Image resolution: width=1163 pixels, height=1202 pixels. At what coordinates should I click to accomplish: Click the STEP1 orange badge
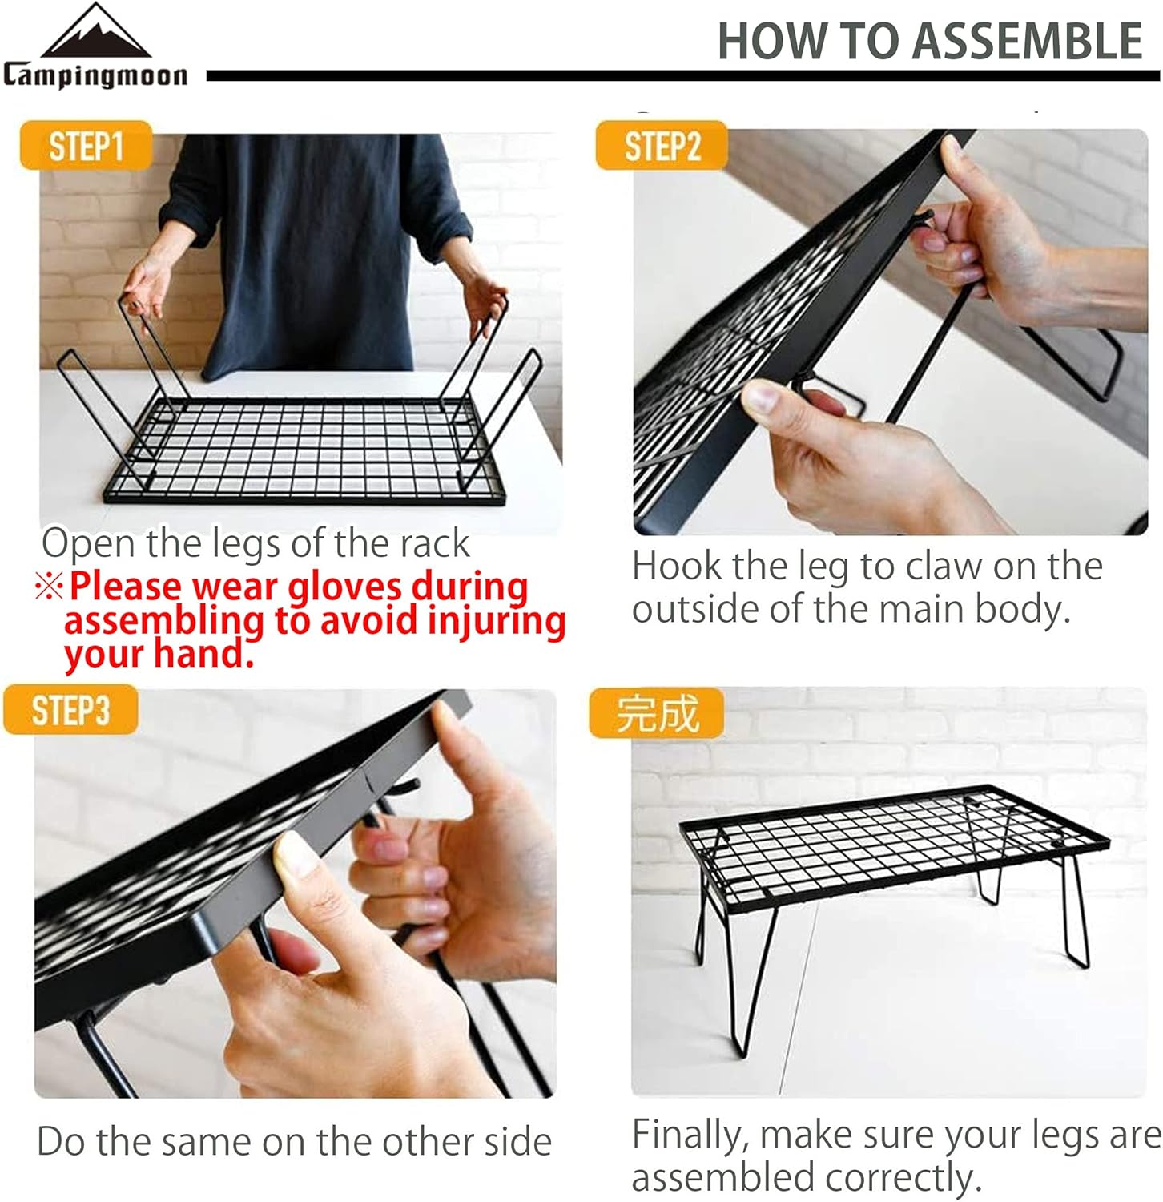coord(86,146)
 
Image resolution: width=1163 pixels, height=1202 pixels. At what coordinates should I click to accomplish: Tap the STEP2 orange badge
coord(662,146)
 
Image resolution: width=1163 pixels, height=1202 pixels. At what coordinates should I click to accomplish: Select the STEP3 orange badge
coord(70,710)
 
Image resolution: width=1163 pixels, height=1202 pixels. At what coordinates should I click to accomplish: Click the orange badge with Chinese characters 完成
coord(657,712)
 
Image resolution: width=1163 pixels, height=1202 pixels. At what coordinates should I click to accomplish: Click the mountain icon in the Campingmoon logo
coord(96,34)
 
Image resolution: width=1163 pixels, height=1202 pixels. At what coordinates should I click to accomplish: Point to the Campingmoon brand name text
coord(95,75)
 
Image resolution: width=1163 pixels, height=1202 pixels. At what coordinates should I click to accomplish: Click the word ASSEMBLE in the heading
coord(1028,42)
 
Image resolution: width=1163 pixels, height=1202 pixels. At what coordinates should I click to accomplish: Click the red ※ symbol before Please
coord(49,587)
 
